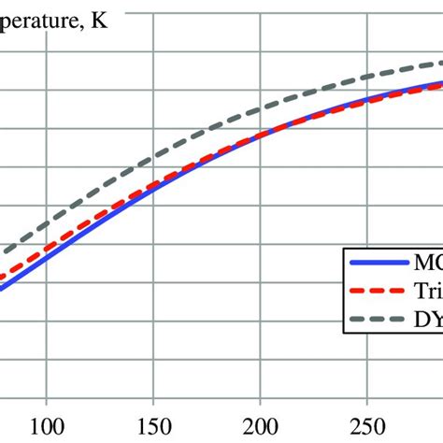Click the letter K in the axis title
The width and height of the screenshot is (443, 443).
(x=99, y=20)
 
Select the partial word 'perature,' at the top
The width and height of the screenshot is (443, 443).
(x=42, y=21)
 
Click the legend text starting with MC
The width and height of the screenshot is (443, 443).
(x=424, y=264)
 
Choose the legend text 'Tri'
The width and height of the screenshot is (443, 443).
(x=425, y=292)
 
